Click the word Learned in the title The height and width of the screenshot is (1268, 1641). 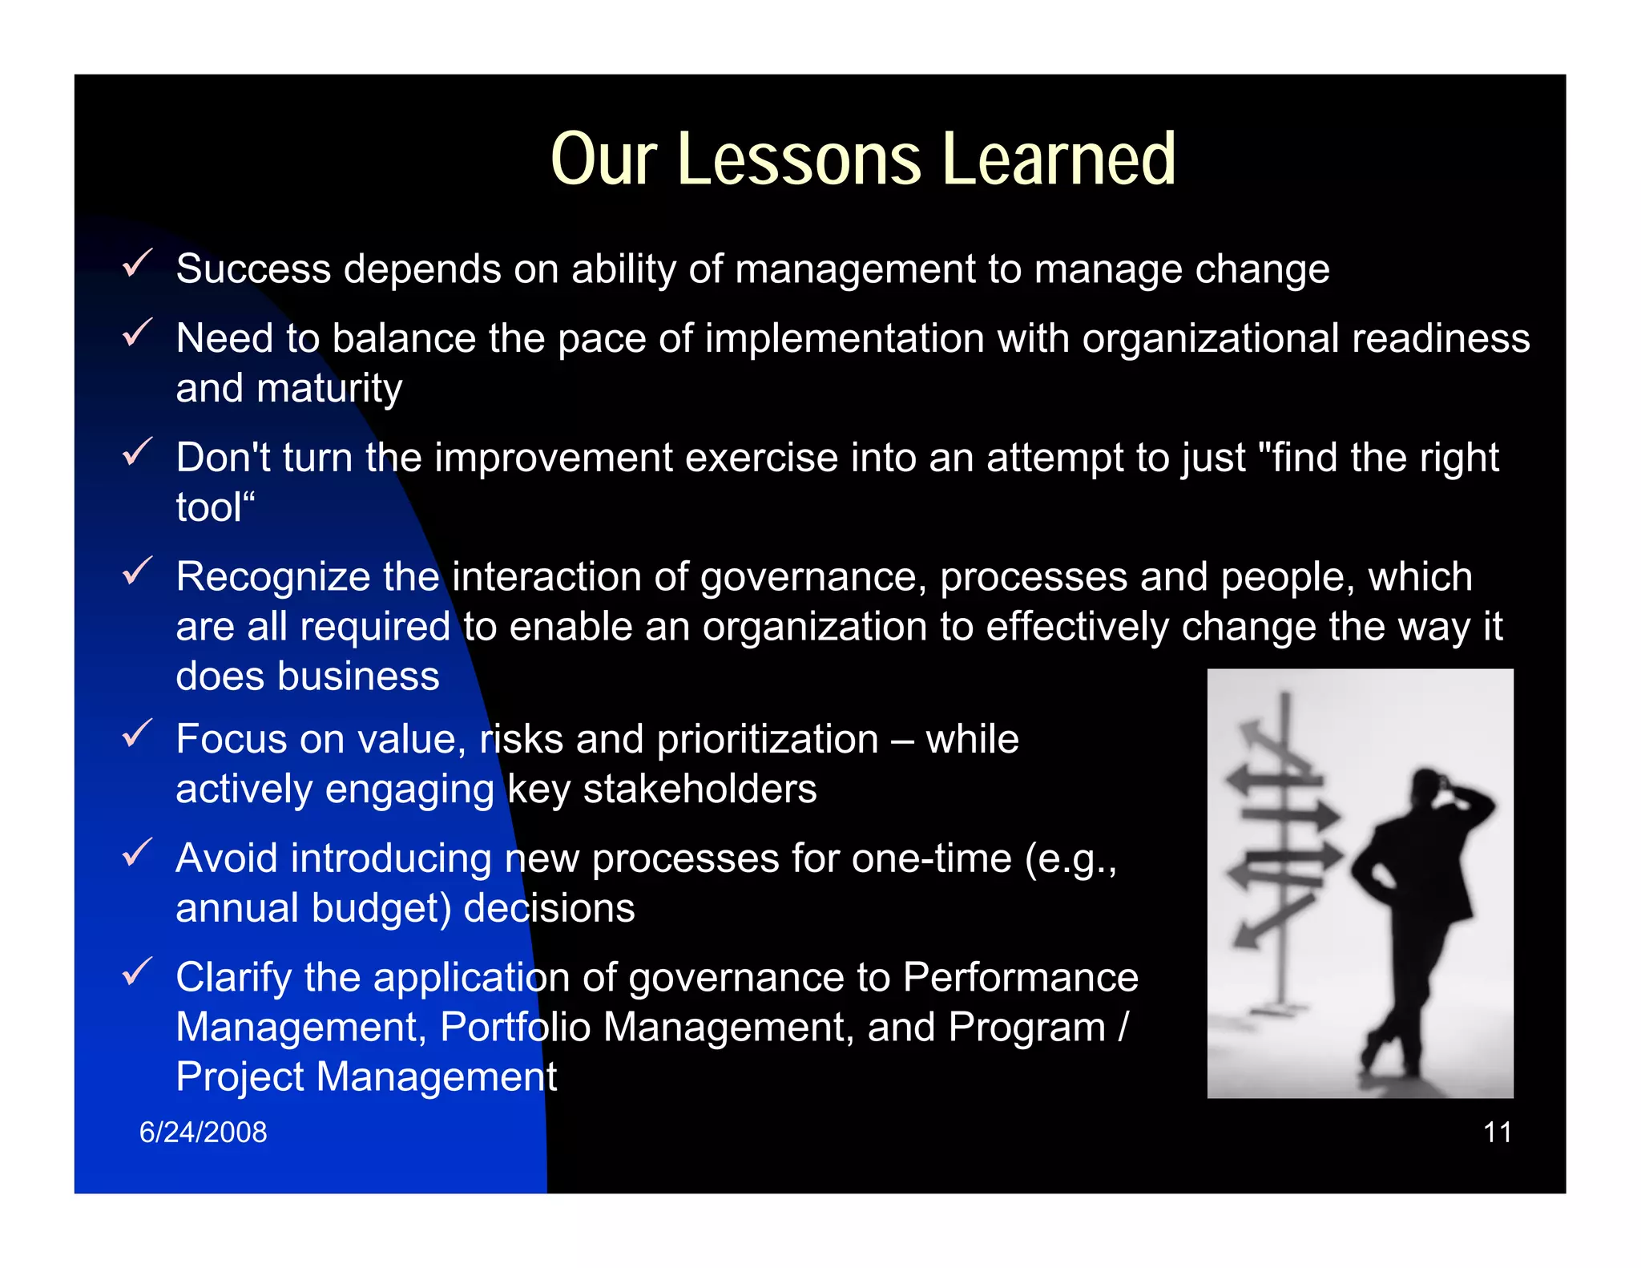pyautogui.click(x=1059, y=160)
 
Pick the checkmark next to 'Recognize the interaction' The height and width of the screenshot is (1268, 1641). pyautogui.click(x=137, y=571)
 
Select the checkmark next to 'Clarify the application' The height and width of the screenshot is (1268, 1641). pyautogui.click(x=137, y=971)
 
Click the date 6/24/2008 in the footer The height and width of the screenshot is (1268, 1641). pyautogui.click(x=203, y=1132)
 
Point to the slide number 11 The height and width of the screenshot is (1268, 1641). pyautogui.click(x=1497, y=1132)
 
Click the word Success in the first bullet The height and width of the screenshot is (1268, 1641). pyautogui.click(x=253, y=269)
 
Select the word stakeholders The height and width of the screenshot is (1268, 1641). pyautogui.click(x=700, y=789)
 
